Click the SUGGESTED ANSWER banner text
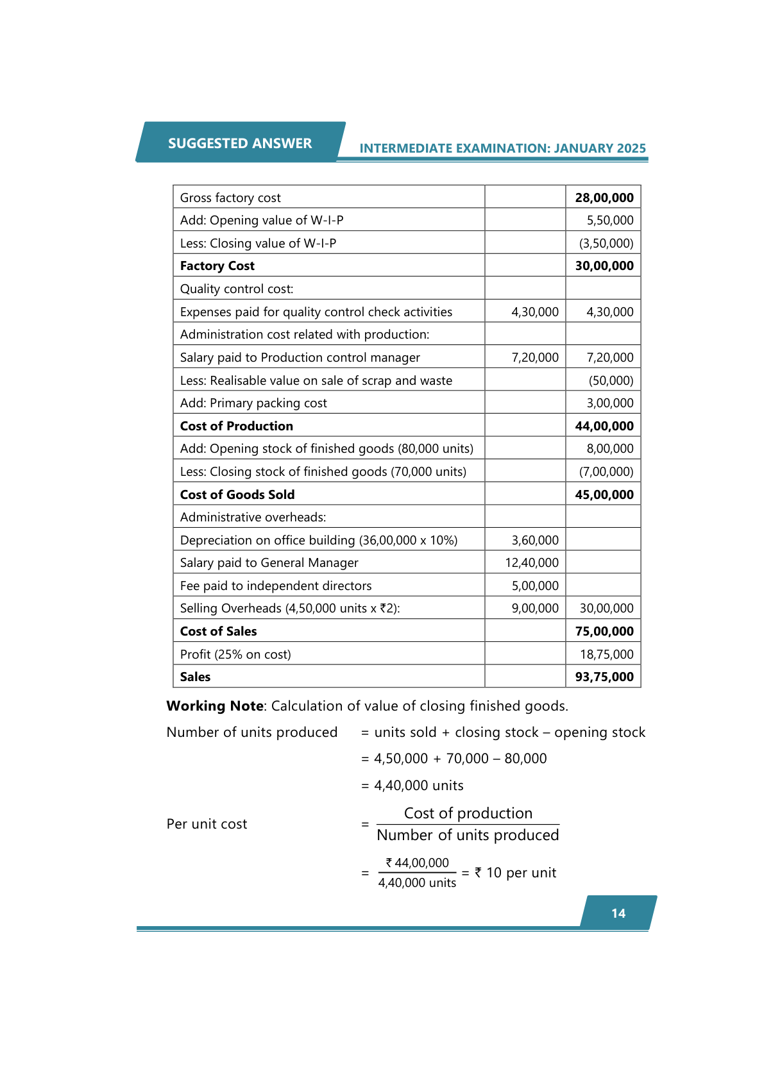point(240,143)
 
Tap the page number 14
point(618,913)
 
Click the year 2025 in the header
point(631,148)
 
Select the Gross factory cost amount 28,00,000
point(604,198)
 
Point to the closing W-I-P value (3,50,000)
point(606,243)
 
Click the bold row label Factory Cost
point(217,266)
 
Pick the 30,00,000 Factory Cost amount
point(604,266)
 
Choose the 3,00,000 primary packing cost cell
point(609,403)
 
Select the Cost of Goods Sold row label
point(237,494)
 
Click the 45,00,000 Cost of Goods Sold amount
point(604,494)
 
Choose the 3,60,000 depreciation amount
point(535,540)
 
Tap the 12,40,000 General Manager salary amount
point(532,562)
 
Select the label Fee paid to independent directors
point(276,586)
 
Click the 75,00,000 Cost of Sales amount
point(604,631)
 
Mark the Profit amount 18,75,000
point(606,654)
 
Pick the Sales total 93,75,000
point(604,677)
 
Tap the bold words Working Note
point(215,706)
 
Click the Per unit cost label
point(207,824)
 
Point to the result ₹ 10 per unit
point(515,873)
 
